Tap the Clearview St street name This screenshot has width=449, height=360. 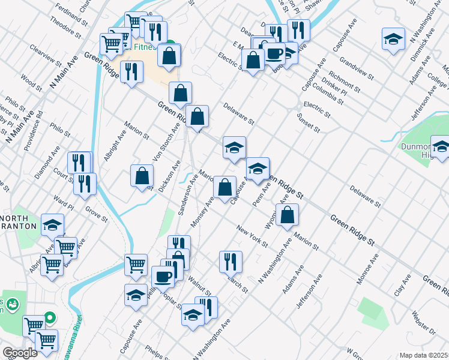[x=46, y=56]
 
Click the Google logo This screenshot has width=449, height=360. [x=20, y=353]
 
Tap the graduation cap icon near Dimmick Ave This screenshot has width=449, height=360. [x=393, y=40]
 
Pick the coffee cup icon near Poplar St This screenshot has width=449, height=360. [x=163, y=276]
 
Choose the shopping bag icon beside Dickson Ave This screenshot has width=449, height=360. [x=142, y=176]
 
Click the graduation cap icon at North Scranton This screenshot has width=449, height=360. [x=52, y=225]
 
